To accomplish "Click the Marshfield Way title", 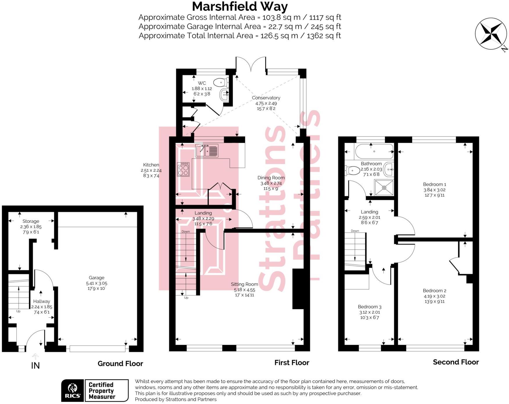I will coord(240,6).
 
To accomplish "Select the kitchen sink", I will coord(207,151).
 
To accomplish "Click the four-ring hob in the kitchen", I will coord(183,169).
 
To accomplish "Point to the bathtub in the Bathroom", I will coord(374,151).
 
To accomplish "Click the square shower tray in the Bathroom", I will coord(384,187).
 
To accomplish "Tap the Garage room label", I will coord(96,278).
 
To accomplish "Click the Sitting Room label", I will coord(244,284).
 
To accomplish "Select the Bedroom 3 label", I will coord(369,307).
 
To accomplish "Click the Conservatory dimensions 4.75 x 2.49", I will coord(266,103).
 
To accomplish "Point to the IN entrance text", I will coord(35,366).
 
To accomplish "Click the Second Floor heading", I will coord(456,362).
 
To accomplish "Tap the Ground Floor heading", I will coord(120,363).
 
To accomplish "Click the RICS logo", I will coord(72,390).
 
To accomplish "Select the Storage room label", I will coord(31,221).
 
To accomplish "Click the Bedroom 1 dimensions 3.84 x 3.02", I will coord(434,190).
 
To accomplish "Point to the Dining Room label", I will coord(271,178).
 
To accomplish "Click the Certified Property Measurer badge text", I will coord(102,391).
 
